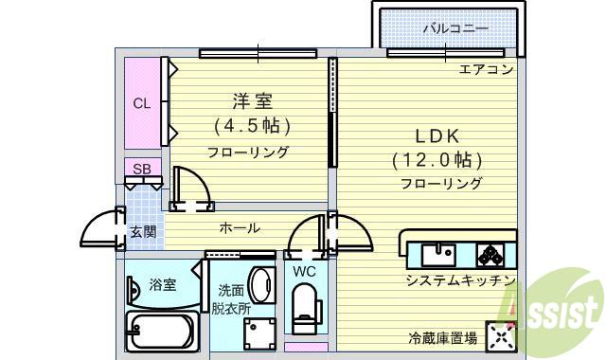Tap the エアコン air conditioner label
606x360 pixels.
click(x=486, y=69)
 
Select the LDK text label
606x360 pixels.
click(x=438, y=135)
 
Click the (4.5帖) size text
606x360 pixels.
click(x=250, y=125)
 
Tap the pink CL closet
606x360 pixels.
click(x=142, y=103)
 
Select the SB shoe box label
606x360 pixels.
click(x=141, y=170)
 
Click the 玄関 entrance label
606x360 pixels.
click(x=142, y=230)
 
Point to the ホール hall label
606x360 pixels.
click(x=240, y=228)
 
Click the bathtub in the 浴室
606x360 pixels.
click(x=161, y=333)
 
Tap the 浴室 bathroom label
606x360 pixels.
click(x=162, y=284)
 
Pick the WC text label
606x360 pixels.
click(x=304, y=271)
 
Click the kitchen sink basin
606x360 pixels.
click(x=438, y=254)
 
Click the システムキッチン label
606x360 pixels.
click(x=459, y=281)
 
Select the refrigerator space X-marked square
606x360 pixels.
click(x=500, y=335)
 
